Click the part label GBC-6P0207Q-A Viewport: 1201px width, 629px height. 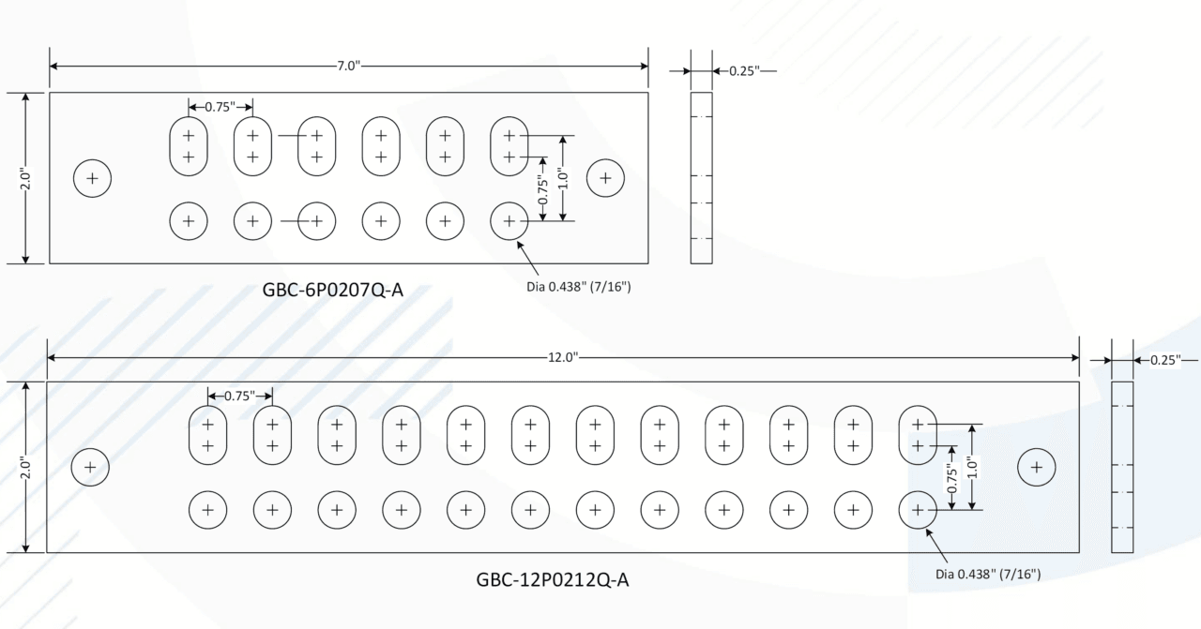(333, 290)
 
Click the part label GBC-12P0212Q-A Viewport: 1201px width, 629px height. (553, 580)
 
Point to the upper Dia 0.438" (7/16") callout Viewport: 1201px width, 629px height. (578, 286)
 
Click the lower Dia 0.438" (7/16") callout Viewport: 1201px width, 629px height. (988, 574)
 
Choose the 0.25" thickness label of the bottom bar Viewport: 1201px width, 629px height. (1165, 360)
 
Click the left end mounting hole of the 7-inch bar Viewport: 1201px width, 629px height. (92, 178)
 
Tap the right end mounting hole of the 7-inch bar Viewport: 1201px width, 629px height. (606, 177)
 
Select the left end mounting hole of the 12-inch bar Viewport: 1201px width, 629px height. (90, 466)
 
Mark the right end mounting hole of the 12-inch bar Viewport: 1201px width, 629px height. (1037, 466)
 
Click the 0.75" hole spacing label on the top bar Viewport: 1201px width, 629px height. (220, 106)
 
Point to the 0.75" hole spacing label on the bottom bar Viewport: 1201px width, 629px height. (239, 396)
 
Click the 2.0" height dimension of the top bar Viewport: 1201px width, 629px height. (26, 178)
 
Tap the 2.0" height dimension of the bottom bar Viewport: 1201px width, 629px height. (26, 466)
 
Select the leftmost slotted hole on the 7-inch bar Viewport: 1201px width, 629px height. (189, 145)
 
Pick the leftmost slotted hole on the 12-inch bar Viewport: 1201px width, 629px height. (208, 434)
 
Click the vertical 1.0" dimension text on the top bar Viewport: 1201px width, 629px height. (563, 177)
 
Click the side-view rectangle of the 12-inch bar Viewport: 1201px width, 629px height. (1122, 467)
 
